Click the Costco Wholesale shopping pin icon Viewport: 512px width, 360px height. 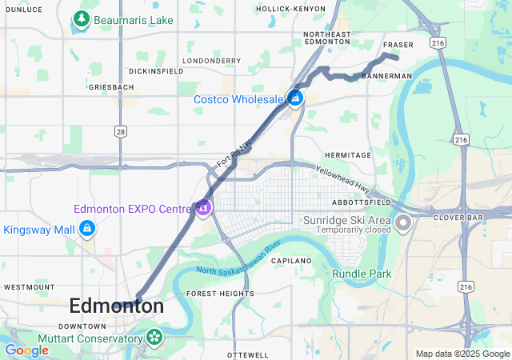(295, 98)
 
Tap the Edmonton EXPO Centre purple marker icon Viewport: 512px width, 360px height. (203, 208)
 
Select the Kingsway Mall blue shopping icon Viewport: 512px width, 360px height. (86, 230)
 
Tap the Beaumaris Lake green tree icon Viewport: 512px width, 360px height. (80, 18)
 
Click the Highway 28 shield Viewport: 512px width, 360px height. (120, 130)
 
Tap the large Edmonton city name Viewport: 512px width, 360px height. (117, 306)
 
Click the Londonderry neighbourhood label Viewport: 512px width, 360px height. (211, 60)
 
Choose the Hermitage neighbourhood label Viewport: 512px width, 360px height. (347, 154)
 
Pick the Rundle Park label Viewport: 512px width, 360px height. (362, 274)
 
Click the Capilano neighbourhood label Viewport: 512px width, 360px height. (290, 261)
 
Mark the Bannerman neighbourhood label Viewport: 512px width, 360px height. (386, 76)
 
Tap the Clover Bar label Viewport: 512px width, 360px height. (455, 217)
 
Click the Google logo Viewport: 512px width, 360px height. (27, 350)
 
